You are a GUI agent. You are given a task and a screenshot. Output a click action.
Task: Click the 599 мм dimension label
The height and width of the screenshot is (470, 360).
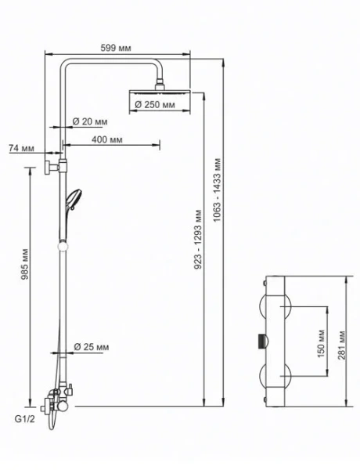point(116,48)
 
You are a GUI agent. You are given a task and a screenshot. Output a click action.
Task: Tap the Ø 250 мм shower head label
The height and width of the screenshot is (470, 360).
point(155,105)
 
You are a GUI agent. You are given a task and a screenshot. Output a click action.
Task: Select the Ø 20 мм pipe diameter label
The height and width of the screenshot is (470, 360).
point(89,121)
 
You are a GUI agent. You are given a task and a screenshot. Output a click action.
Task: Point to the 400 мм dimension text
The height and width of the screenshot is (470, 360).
point(107,139)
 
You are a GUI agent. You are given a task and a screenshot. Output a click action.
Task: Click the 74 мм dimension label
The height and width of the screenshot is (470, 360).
point(21,148)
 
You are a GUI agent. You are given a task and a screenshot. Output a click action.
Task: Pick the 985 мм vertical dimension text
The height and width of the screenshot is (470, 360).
point(25,264)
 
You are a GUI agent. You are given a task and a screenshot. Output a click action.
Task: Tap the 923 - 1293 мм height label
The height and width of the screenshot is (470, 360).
point(198,240)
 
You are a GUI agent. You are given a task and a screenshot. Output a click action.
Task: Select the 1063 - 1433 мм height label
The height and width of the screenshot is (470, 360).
point(217,190)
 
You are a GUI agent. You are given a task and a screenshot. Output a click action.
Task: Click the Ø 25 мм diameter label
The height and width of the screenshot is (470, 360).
point(91,347)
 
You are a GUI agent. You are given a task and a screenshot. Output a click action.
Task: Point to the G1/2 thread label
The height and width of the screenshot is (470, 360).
point(24,419)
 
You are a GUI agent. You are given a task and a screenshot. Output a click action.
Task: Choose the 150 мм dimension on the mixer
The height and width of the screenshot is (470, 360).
point(321,344)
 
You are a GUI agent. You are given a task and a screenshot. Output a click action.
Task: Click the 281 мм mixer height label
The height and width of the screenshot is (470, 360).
point(342,345)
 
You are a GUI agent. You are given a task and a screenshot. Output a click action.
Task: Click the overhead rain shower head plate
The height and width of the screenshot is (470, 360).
point(160,92)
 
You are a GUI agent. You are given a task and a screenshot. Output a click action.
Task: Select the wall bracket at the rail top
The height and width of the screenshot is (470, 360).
point(56,166)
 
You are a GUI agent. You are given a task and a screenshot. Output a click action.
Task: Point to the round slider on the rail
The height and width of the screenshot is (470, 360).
point(63,247)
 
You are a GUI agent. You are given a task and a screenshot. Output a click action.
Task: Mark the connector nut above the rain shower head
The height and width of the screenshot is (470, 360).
point(160,85)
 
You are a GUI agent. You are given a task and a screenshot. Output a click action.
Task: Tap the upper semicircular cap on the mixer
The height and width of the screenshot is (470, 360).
point(275,306)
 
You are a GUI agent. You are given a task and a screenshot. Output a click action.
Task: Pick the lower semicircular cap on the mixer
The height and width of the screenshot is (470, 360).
point(275,376)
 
